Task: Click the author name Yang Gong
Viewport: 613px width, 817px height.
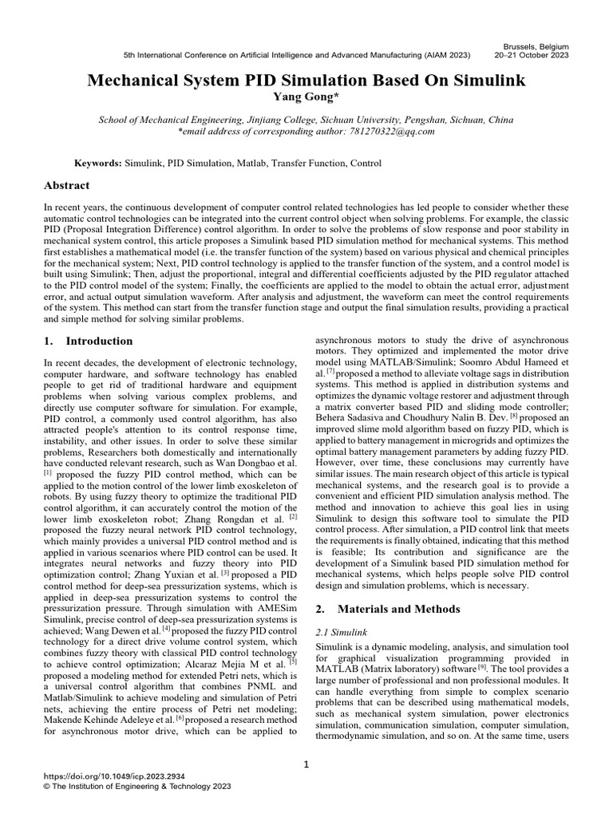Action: click(306, 97)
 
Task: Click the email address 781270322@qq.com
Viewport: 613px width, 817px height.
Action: click(387, 131)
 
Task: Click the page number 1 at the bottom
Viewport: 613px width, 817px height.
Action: click(306, 765)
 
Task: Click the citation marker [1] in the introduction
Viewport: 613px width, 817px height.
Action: click(47, 473)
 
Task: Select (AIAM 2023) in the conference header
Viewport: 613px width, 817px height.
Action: click(445, 56)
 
